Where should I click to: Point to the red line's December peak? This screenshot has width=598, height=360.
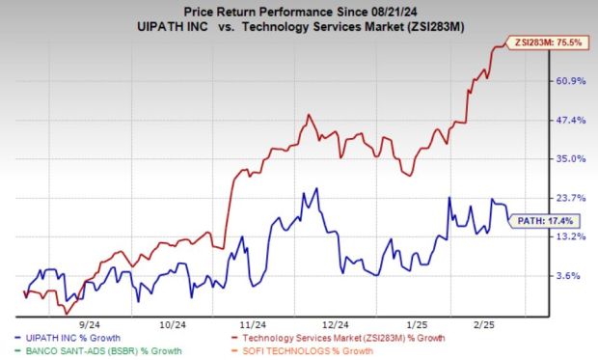click(309, 115)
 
